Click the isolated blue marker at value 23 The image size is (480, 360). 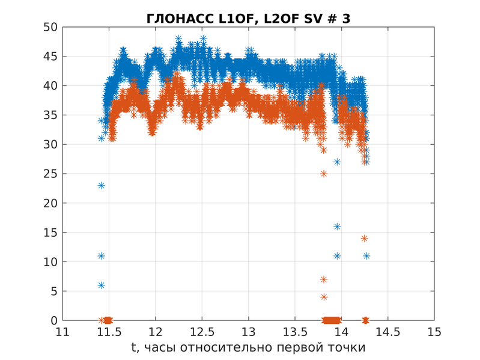(x=102, y=185)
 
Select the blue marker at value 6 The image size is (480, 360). (x=102, y=285)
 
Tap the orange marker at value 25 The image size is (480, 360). (x=324, y=174)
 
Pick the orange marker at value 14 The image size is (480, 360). (x=364, y=238)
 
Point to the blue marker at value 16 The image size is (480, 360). (x=337, y=227)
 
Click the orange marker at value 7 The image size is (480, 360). (x=324, y=279)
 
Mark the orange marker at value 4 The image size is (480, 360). (x=324, y=297)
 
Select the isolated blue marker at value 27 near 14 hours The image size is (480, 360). (x=337, y=162)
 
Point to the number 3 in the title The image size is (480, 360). (x=346, y=19)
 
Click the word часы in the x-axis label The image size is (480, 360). (x=163, y=348)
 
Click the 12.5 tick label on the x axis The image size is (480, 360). (x=202, y=332)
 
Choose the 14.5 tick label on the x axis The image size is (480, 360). (x=387, y=332)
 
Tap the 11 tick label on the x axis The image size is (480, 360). (x=62, y=332)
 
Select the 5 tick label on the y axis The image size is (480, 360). (x=53, y=291)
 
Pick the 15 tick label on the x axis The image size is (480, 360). (x=434, y=332)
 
